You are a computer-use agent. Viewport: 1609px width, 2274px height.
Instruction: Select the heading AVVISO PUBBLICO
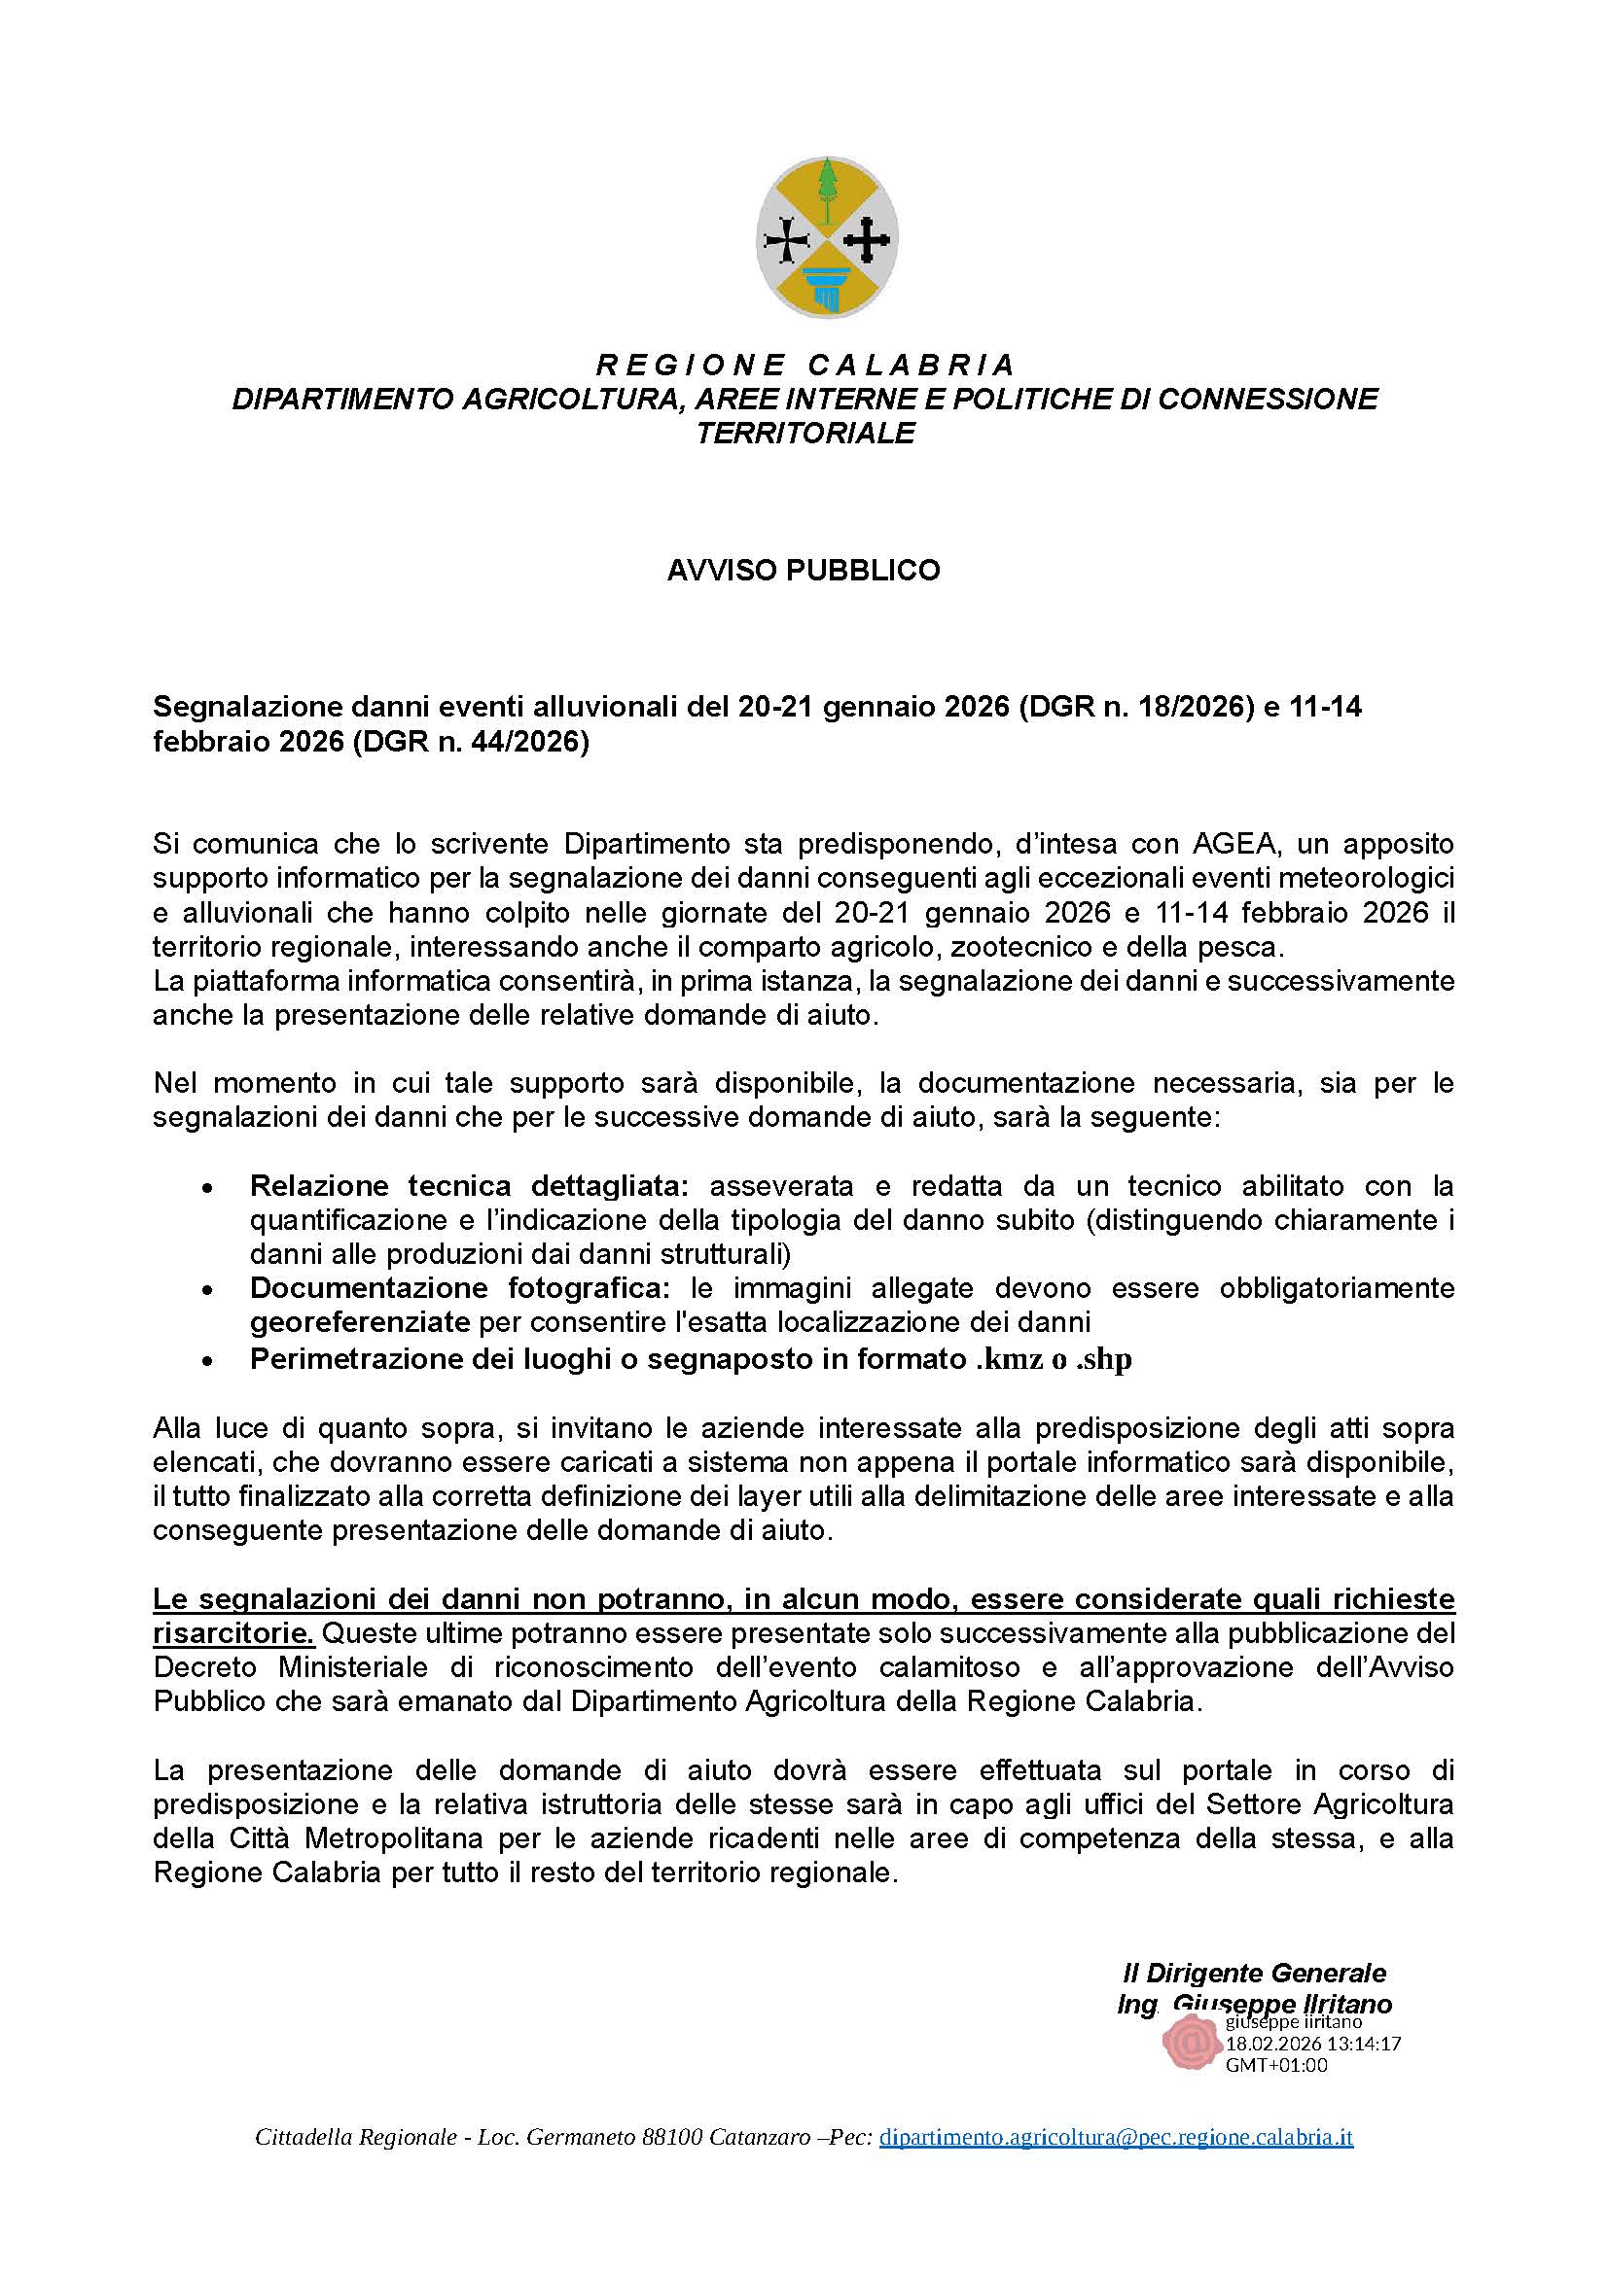[x=804, y=571]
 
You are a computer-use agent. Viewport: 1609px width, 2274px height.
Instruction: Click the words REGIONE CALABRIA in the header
[x=804, y=366]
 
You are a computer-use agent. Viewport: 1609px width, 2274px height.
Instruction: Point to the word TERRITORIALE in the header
[x=804, y=434]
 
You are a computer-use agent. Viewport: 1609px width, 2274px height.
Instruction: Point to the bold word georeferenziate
[x=360, y=1322]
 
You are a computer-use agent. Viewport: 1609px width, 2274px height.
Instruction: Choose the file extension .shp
[x=1103, y=1360]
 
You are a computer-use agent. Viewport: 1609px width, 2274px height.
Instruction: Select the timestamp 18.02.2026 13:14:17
[x=1312, y=2044]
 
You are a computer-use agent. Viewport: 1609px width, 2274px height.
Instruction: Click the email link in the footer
[x=1116, y=2165]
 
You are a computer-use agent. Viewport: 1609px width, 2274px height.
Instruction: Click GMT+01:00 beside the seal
[x=1276, y=2065]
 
